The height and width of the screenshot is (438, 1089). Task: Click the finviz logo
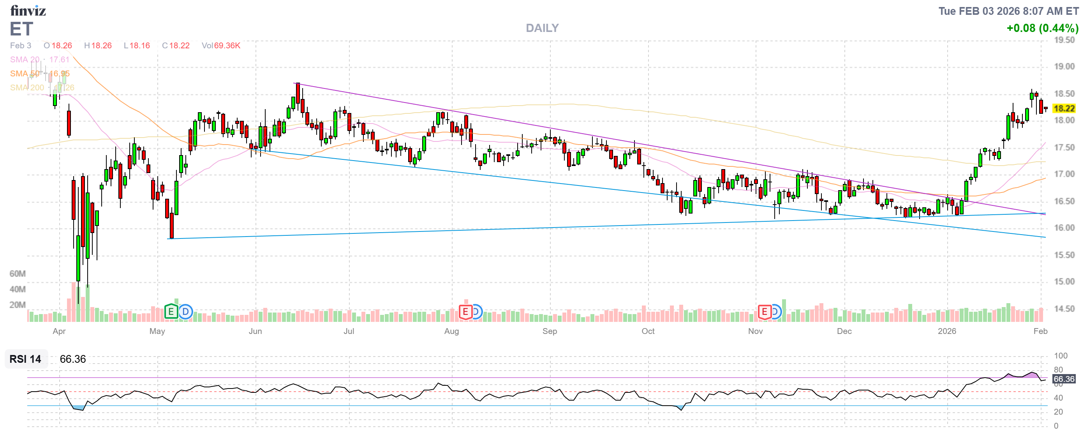(x=28, y=10)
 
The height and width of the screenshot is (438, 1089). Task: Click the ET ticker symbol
(x=21, y=29)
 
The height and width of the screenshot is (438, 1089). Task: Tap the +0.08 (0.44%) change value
(x=1042, y=28)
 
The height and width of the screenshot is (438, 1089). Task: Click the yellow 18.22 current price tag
(x=1064, y=109)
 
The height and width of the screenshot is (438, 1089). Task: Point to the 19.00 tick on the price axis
(x=1064, y=66)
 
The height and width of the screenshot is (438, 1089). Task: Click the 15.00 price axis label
(x=1064, y=282)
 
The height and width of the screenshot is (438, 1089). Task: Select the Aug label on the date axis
(x=451, y=331)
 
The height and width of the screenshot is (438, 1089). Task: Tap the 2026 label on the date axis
(x=946, y=331)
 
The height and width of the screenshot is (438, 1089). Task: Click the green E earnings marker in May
(x=171, y=312)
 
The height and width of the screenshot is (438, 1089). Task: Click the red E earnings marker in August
(x=465, y=312)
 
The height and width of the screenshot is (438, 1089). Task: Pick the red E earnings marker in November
(x=764, y=312)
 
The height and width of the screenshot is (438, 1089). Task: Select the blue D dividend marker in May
(x=185, y=312)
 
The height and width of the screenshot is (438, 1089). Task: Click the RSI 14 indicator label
(x=25, y=359)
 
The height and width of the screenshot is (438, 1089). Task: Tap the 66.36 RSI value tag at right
(x=1064, y=379)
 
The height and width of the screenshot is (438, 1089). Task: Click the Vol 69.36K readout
(x=221, y=46)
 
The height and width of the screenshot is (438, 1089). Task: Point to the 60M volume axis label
(x=18, y=274)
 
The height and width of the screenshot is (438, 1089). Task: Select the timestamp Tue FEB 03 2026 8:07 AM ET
(x=1008, y=11)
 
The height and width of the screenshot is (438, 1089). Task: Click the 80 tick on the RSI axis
(x=1058, y=369)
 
